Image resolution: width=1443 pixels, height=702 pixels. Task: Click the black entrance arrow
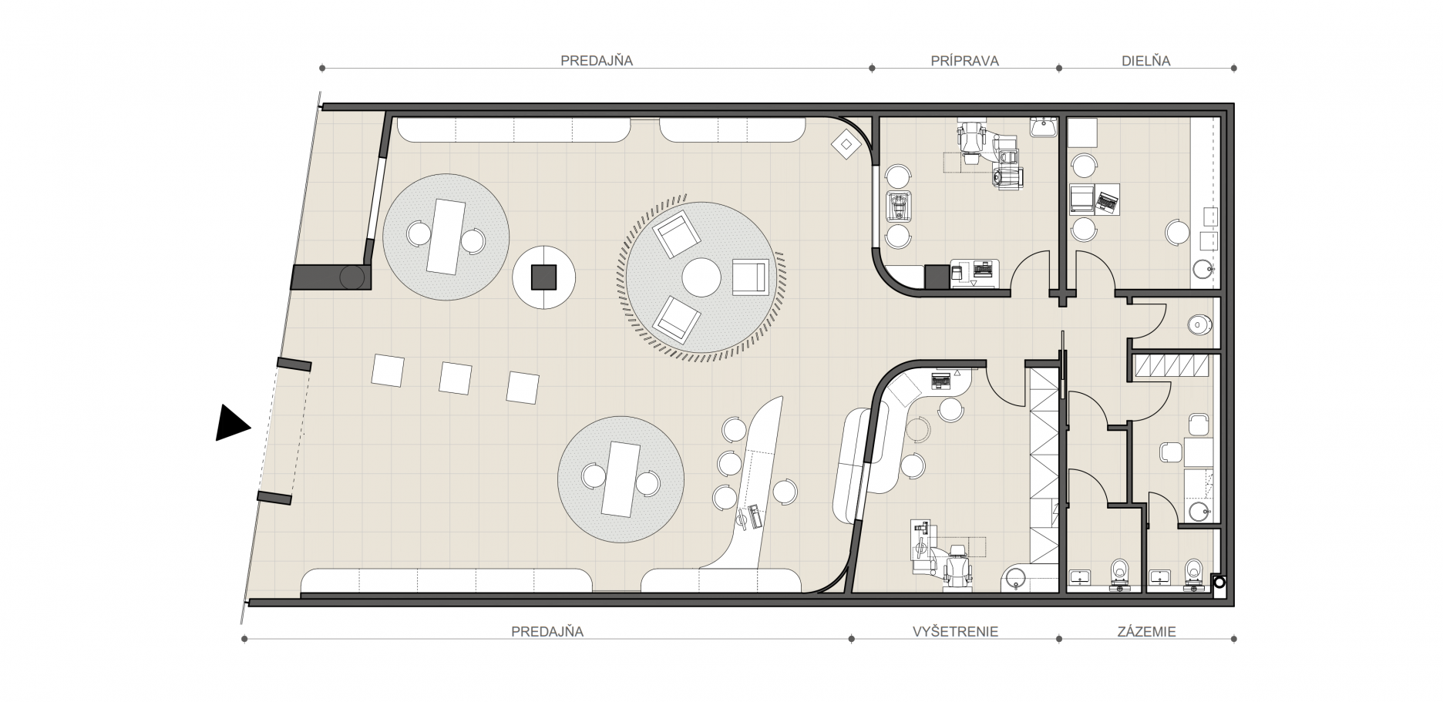(230, 423)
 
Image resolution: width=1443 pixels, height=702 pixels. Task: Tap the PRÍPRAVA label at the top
(964, 61)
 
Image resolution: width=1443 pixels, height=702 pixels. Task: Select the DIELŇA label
(1145, 61)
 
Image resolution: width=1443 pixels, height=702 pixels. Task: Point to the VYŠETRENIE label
(955, 632)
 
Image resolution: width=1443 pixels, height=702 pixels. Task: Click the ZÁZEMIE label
(1147, 632)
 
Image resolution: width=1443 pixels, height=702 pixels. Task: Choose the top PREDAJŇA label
(597, 61)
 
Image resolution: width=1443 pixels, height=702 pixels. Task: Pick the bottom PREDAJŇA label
(547, 632)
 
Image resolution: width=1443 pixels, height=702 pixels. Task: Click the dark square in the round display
(544, 277)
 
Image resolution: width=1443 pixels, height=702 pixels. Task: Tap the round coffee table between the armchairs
(701, 277)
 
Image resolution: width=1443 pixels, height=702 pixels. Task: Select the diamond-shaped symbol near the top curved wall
(846, 143)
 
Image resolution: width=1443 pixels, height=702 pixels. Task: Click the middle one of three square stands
(456, 378)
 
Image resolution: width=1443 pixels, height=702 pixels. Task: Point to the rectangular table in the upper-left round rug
(446, 236)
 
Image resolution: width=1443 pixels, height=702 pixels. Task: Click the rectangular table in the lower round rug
(621, 479)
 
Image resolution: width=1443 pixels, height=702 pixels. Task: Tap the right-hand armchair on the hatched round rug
(751, 277)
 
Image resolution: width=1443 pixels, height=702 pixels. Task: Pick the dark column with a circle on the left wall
(331, 277)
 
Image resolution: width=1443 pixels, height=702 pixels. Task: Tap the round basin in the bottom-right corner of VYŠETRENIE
(1015, 579)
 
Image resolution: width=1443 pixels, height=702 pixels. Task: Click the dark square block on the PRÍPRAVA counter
(937, 277)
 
